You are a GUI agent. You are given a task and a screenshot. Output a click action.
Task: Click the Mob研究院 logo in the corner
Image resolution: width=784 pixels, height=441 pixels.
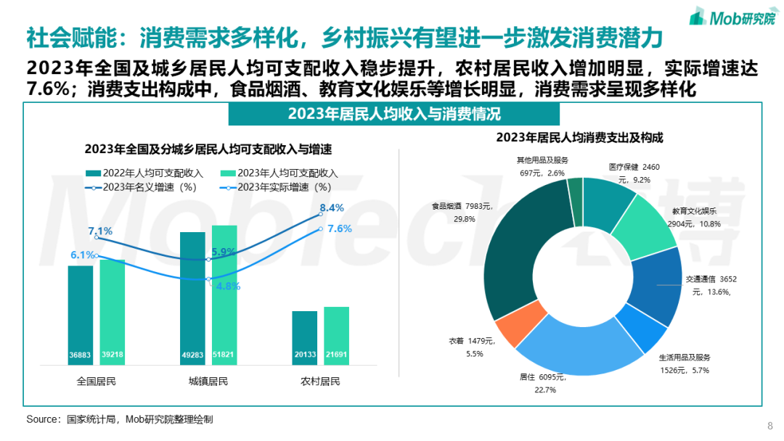point(731,16)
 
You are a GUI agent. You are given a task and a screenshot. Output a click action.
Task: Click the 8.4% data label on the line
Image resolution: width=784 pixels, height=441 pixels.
point(332,208)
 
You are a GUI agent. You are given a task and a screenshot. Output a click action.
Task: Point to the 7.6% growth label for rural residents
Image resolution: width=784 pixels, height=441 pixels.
point(340,228)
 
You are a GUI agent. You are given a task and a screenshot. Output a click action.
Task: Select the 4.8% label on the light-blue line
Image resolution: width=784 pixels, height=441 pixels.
point(228,286)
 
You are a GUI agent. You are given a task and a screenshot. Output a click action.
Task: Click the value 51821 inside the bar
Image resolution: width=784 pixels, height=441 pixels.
point(224,355)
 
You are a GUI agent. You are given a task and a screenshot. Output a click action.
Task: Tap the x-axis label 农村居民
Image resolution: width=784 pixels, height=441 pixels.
point(320,382)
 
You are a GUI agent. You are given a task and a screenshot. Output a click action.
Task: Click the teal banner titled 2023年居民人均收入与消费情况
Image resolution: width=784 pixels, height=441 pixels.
point(394,114)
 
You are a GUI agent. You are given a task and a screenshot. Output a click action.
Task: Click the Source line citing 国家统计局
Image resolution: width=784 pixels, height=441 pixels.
point(120,419)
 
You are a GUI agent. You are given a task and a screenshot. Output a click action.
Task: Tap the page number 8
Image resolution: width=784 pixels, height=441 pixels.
point(769,425)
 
